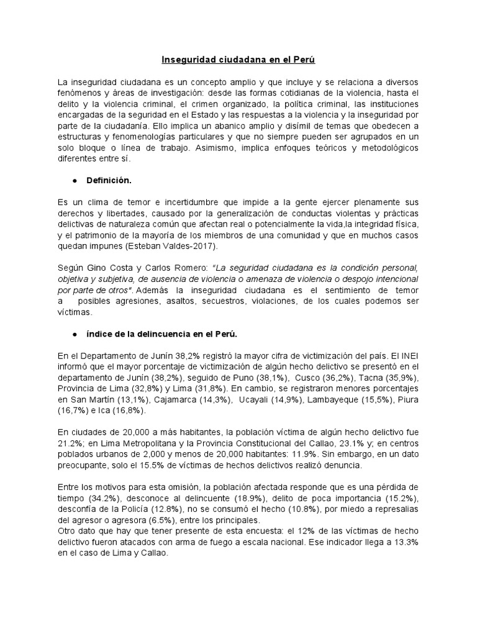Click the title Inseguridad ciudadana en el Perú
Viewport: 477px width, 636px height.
[x=238, y=60]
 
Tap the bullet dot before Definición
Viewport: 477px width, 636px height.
[x=75, y=181]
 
